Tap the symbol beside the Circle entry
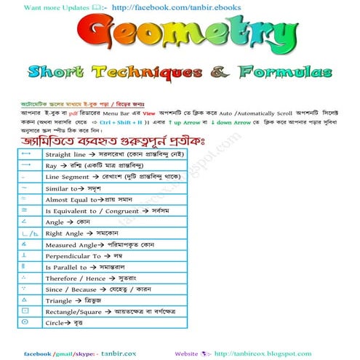coord(25,321)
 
